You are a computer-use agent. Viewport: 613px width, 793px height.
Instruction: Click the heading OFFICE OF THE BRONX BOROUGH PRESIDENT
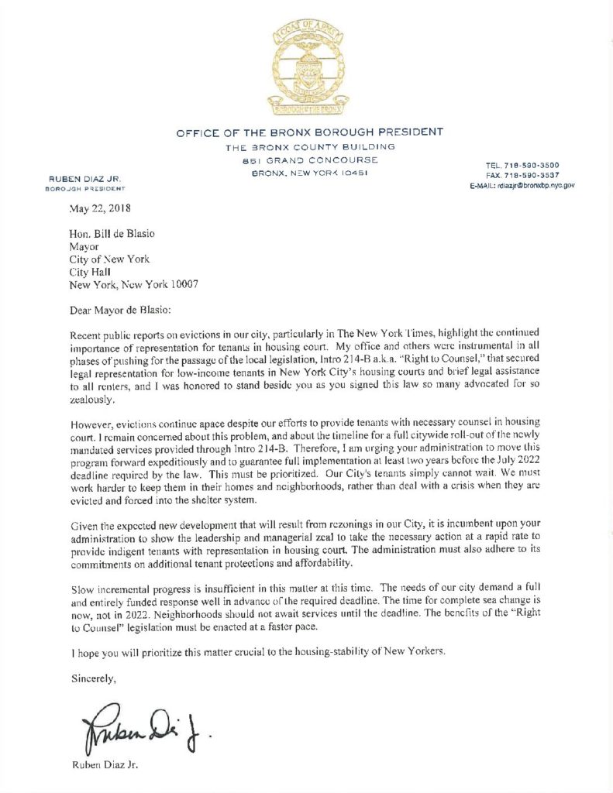coord(310,132)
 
